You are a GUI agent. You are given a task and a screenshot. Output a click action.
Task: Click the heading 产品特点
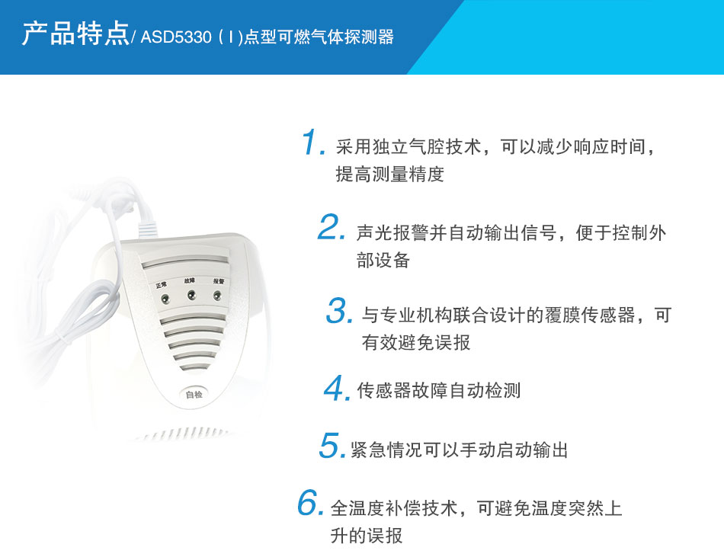coord(75,35)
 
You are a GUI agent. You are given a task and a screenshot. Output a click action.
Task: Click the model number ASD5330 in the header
coord(176,37)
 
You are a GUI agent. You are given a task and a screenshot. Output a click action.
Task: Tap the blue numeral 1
coord(312,143)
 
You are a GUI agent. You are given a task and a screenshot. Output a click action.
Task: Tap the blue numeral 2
coord(332,228)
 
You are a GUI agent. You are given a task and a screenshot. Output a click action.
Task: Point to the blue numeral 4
coord(335,389)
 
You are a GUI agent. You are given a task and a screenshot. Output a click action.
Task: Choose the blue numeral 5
coord(332,447)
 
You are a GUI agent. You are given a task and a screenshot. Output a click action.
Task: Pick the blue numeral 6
coord(310,504)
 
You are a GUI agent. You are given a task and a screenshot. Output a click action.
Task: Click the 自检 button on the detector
coord(194,394)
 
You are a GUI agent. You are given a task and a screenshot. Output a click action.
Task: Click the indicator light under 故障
coord(190,295)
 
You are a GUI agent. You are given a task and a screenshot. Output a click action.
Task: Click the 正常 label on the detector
coord(162,285)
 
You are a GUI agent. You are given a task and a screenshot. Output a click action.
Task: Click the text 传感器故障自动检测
coord(438,391)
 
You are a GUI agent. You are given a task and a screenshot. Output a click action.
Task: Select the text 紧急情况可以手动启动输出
coord(460,450)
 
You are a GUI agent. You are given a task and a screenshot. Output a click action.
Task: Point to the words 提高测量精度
coord(389,174)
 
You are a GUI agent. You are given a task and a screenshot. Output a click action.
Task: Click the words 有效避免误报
coord(416,343)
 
